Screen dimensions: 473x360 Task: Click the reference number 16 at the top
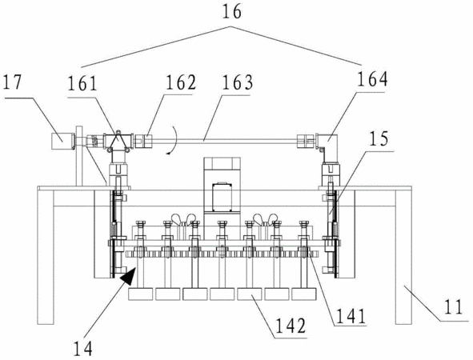[232, 12]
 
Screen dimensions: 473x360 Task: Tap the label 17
[12, 82]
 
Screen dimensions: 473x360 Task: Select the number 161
[82, 83]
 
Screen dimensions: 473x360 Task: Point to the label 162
[181, 82]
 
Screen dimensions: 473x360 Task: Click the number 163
[237, 82]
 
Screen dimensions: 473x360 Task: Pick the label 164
[372, 78]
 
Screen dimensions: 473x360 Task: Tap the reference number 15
[379, 138]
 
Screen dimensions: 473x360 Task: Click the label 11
[453, 306]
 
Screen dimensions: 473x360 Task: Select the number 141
[351, 316]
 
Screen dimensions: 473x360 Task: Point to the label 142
[291, 326]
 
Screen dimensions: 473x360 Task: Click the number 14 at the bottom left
[82, 349]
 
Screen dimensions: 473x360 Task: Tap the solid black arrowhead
[128, 275]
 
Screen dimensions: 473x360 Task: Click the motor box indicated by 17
[62, 141]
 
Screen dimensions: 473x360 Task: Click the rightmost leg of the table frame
[403, 257]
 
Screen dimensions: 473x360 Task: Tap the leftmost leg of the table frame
[46, 257]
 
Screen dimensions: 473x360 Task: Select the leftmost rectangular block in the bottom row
[140, 294]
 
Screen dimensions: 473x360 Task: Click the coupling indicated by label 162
[143, 141]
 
